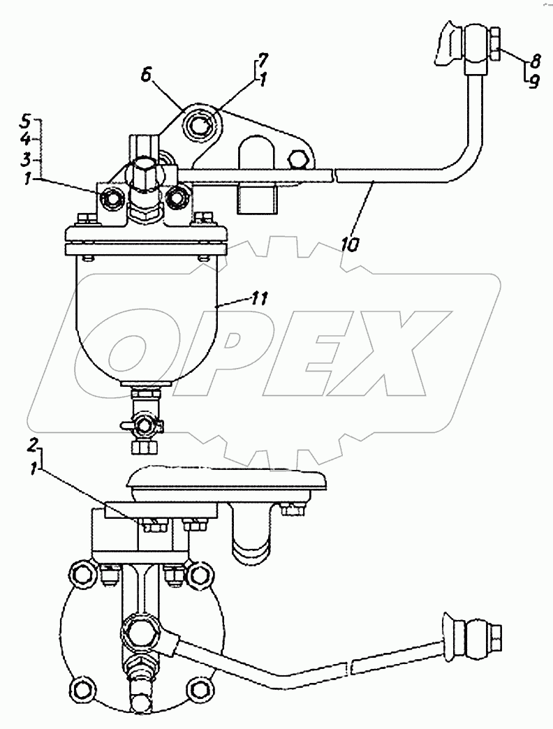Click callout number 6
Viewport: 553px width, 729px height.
click(147, 76)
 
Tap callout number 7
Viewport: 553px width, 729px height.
click(263, 61)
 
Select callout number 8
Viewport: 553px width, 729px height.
click(535, 61)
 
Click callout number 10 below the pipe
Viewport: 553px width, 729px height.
click(350, 244)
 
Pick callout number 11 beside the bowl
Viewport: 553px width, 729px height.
click(258, 299)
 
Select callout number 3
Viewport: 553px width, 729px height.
click(25, 159)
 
